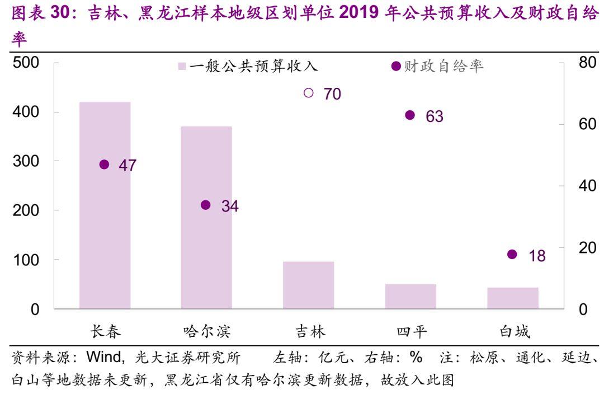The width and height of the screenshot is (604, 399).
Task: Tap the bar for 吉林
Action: coord(308,285)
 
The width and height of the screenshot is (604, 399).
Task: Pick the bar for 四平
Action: coord(410,296)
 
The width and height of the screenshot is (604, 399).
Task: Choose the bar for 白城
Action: coord(512,298)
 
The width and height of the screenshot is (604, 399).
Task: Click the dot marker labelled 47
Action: coord(104,165)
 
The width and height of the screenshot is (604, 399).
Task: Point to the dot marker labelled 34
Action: coord(206,205)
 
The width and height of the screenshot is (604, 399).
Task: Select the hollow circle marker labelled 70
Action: coord(309,93)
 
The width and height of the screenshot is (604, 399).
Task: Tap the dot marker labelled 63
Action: coord(410,115)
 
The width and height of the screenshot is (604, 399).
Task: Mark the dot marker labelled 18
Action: coord(512,255)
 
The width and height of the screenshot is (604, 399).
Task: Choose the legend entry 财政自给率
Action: coord(438,67)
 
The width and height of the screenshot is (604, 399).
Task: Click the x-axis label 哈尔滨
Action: coord(206,331)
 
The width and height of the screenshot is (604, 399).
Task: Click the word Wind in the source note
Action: coord(105,358)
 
